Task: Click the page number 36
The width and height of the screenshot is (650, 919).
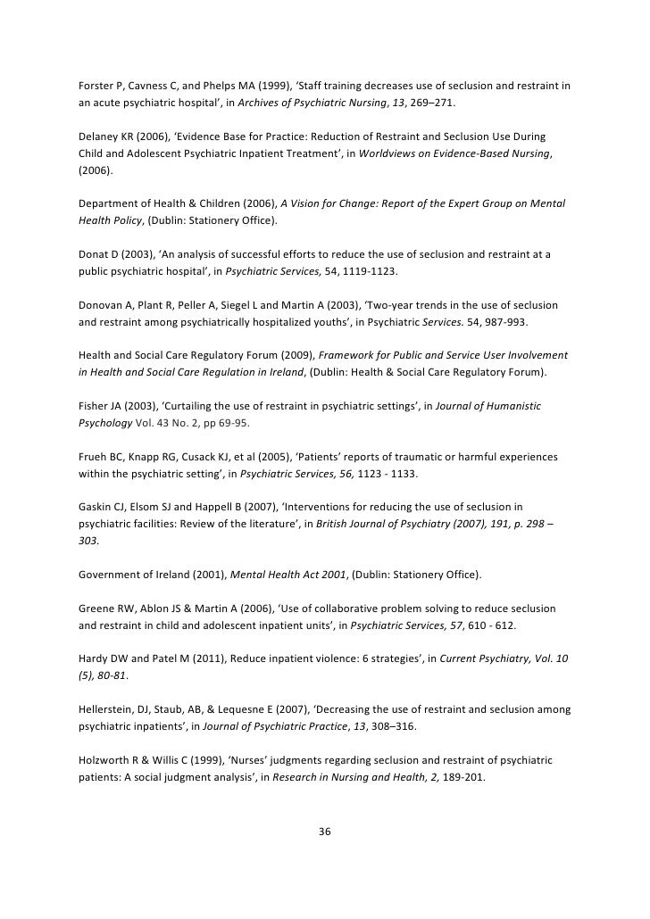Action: click(325, 832)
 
